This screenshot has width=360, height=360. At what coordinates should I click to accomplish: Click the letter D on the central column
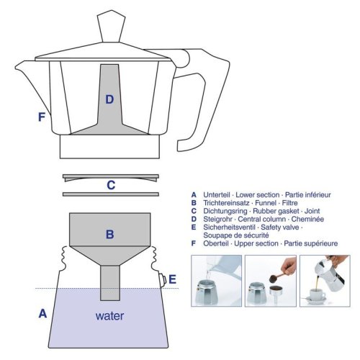click(x=109, y=99)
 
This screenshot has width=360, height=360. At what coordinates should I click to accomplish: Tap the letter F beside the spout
click(x=42, y=117)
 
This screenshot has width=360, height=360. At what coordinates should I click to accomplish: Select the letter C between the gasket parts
click(x=111, y=185)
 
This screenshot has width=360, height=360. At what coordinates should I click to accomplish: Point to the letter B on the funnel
click(x=110, y=234)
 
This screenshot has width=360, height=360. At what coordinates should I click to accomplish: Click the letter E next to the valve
click(x=173, y=279)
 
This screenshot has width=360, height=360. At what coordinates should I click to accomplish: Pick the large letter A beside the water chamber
click(x=42, y=313)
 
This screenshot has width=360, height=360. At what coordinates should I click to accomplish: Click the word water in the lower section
click(x=109, y=316)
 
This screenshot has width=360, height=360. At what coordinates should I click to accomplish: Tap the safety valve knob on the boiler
click(x=163, y=279)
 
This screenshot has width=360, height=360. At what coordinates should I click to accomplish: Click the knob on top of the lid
click(x=111, y=26)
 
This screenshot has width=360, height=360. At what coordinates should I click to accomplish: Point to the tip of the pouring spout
click(x=15, y=67)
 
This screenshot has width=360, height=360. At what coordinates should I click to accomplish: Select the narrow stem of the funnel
click(x=110, y=283)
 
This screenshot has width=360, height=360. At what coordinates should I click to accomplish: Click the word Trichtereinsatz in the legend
click(x=226, y=203)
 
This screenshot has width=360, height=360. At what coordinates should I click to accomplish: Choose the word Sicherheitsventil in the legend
click(x=229, y=228)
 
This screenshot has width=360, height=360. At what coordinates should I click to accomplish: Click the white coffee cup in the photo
click(x=318, y=294)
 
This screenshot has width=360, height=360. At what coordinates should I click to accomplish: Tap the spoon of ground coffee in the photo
click(x=276, y=277)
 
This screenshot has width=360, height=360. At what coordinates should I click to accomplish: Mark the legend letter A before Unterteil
click(x=194, y=195)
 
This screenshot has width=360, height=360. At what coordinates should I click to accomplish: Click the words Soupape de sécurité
click(x=236, y=235)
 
